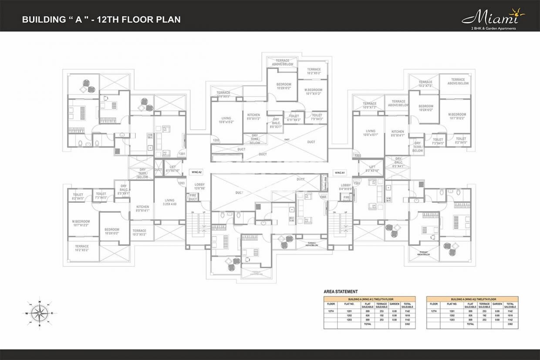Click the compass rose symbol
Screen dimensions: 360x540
click(x=39, y=312)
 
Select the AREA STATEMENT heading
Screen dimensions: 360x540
click(x=341, y=292)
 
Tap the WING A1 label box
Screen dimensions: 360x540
click(x=340, y=172)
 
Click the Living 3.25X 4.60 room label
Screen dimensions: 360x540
click(x=169, y=201)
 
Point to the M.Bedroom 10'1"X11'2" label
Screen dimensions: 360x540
click(x=313, y=91)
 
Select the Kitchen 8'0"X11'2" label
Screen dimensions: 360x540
click(x=253, y=117)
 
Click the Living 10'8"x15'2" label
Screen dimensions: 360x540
click(x=226, y=120)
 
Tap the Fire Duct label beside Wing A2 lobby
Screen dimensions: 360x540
click(x=193, y=197)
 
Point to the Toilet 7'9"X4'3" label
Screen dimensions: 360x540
click(x=317, y=117)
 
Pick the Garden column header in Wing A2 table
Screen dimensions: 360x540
click(x=497, y=305)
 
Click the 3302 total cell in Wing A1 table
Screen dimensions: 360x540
click(x=408, y=324)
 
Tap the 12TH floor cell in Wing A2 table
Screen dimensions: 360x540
click(x=433, y=311)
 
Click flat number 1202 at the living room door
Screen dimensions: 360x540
click(x=216, y=140)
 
